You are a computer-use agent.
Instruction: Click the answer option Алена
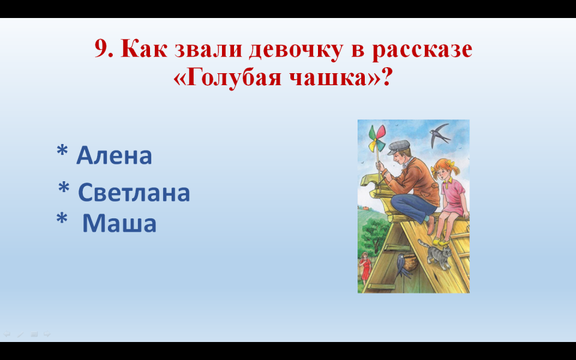[114, 155]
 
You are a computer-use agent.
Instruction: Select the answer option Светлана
[134, 192]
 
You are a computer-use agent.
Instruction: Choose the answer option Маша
[119, 223]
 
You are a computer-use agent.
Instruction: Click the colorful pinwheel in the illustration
[377, 139]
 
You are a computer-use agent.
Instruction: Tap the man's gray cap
[399, 146]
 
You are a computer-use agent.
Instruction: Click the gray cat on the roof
[436, 253]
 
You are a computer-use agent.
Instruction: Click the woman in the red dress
[365, 266]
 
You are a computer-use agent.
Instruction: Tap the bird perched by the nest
[402, 266]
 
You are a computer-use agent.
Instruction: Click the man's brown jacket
[417, 181]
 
